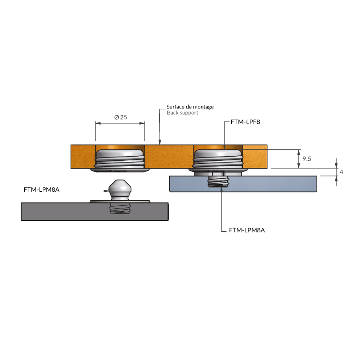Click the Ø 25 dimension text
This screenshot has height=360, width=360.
point(121,117)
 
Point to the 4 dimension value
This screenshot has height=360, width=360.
point(342,172)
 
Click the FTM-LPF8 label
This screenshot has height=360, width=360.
point(245,121)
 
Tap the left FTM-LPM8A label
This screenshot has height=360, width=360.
point(41,190)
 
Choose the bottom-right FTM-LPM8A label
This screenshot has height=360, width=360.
point(247,230)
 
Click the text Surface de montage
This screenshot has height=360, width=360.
point(190,107)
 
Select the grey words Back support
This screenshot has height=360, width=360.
point(182,113)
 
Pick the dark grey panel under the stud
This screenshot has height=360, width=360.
point(58,211)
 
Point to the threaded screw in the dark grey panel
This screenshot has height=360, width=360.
point(120,209)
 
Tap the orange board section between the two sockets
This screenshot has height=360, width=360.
point(169,157)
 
